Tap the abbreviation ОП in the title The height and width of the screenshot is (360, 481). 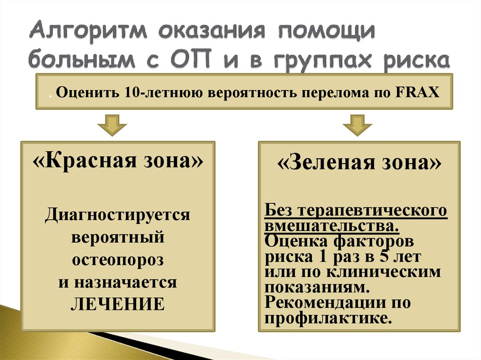coord(202,60)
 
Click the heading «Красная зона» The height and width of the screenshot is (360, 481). coord(118,162)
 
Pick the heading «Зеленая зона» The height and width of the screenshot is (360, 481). coord(360,163)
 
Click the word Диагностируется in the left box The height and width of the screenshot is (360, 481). coord(118,215)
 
